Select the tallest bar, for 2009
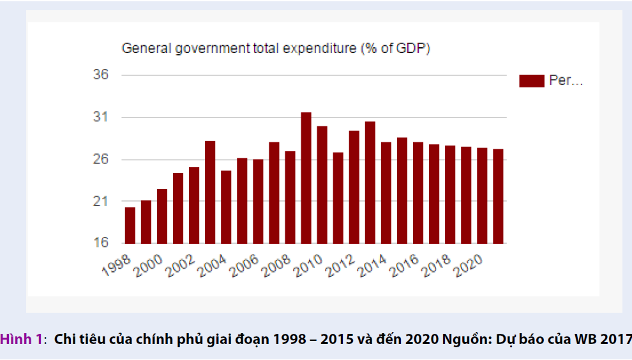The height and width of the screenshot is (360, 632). pyautogui.click(x=306, y=178)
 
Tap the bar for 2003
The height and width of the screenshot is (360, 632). pyautogui.click(x=210, y=192)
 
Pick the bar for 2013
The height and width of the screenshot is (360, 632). pyautogui.click(x=370, y=183)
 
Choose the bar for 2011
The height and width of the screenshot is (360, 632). pyautogui.click(x=338, y=198)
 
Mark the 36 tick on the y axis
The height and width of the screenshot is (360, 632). pyautogui.click(x=101, y=75)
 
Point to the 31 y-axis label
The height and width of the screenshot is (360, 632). pyautogui.click(x=101, y=117)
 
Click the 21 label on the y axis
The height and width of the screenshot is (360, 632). pyautogui.click(x=101, y=201)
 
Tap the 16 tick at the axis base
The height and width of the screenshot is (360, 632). pyautogui.click(x=101, y=243)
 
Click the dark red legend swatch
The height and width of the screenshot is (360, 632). pyautogui.click(x=532, y=80)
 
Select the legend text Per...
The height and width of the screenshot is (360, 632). pyautogui.click(x=566, y=80)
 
